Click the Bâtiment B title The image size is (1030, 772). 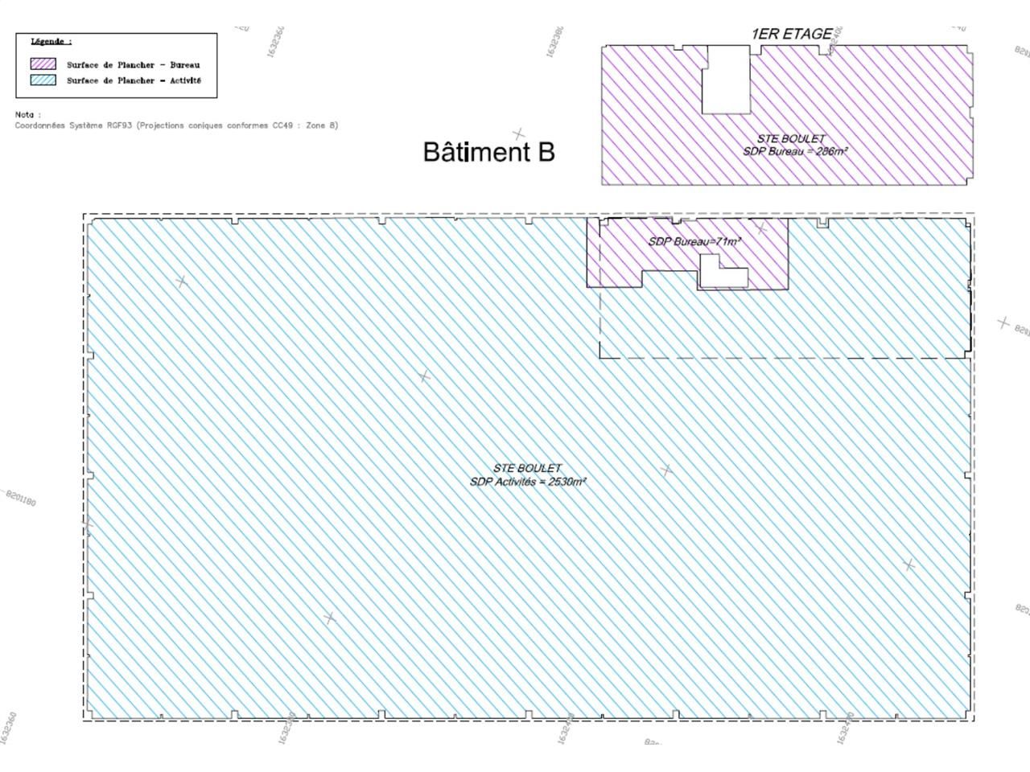[x=488, y=152]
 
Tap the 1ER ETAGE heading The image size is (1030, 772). [x=791, y=34]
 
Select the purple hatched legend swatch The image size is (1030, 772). [x=43, y=64]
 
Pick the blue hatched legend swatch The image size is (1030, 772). [x=43, y=80]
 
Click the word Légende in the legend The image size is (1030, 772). [x=51, y=41]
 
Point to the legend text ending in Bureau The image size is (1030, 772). [x=133, y=64]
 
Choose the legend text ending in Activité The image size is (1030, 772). [x=134, y=80]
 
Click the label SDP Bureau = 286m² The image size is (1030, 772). [x=795, y=150]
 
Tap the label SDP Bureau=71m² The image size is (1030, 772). [x=694, y=241]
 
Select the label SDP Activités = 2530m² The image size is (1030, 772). [x=528, y=482]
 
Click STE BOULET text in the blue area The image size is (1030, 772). [x=527, y=468]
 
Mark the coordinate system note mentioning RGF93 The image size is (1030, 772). [x=176, y=125]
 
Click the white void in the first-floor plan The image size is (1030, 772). [x=726, y=80]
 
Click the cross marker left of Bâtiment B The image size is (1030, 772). [x=519, y=134]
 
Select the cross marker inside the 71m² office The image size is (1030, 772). [x=761, y=230]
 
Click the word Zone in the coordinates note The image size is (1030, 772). [x=317, y=125]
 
